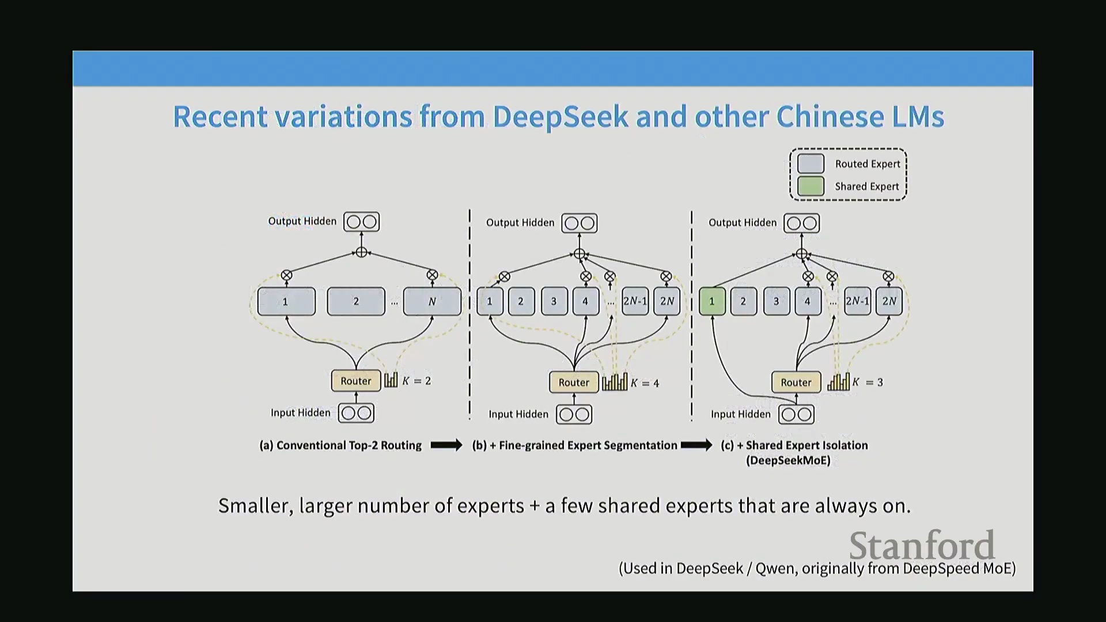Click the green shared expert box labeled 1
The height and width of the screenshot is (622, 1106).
(x=712, y=301)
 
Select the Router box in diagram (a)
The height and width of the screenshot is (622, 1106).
(x=356, y=381)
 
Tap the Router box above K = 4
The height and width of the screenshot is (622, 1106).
(x=574, y=382)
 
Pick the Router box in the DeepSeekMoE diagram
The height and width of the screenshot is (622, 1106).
(x=796, y=382)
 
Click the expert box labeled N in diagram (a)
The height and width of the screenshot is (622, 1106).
(x=432, y=301)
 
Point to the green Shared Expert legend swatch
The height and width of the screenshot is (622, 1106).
(x=810, y=186)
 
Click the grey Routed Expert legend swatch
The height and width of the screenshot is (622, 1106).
(x=810, y=164)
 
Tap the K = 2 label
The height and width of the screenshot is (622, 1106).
(x=416, y=381)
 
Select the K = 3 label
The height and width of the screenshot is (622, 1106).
(x=868, y=382)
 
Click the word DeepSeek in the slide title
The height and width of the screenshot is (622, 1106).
(x=560, y=116)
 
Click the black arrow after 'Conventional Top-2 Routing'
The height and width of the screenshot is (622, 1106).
(x=446, y=445)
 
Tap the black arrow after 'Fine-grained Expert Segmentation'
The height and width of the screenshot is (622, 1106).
(x=696, y=445)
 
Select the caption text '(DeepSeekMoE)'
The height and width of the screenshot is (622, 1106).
(x=788, y=461)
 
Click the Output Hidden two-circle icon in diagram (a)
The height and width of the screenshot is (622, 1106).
(x=361, y=222)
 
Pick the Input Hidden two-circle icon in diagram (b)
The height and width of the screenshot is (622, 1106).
(x=574, y=415)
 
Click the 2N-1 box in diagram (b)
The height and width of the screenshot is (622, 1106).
(x=635, y=301)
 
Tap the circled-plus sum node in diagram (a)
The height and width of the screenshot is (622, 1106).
(x=361, y=252)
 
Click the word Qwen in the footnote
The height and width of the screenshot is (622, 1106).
(x=775, y=568)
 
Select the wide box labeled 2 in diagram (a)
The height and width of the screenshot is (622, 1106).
(x=356, y=301)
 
